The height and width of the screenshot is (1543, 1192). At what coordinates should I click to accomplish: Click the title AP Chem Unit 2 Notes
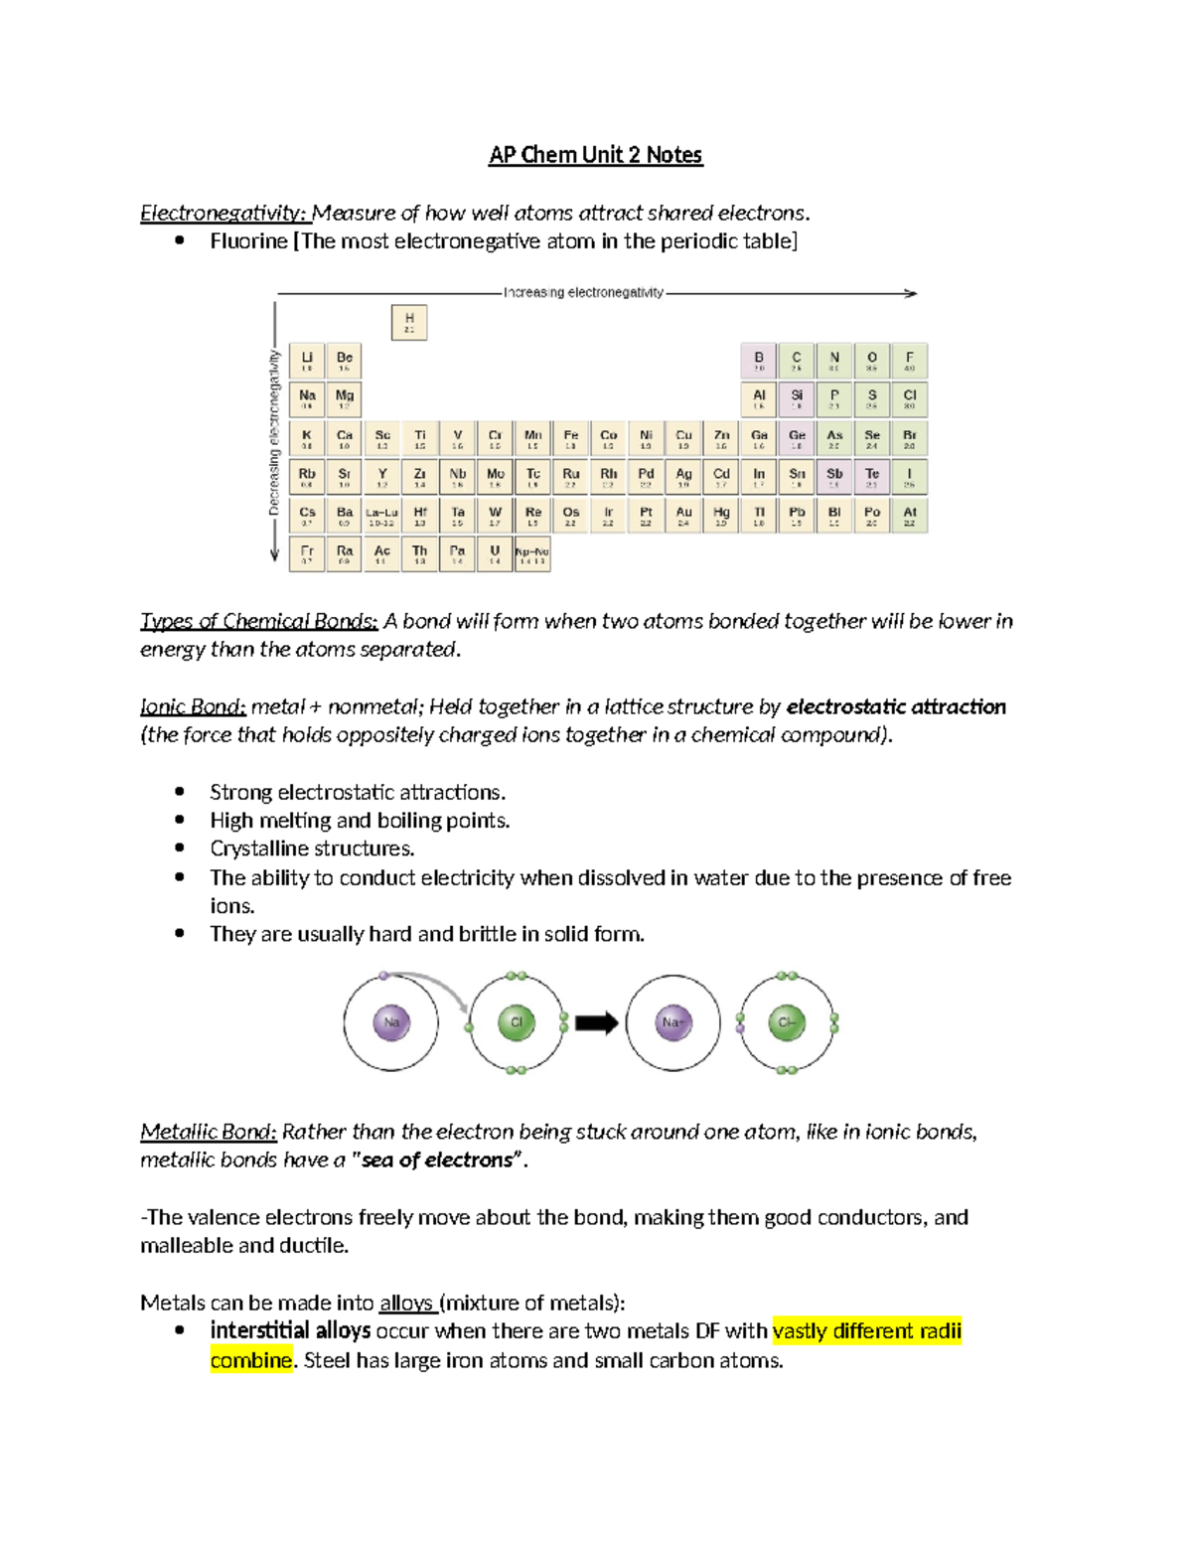coord(595,155)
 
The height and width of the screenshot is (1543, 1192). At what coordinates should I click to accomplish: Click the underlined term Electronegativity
coord(224,213)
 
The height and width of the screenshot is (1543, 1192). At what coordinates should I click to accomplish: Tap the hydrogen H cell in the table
coord(409,322)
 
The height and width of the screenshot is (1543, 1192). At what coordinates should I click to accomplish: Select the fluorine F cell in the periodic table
coord(909,361)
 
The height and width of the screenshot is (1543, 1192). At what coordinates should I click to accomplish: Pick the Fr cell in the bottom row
coord(307,553)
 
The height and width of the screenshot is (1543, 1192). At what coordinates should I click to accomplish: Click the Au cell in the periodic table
coord(683,516)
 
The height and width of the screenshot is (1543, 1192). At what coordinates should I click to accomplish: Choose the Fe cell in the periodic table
coord(570,438)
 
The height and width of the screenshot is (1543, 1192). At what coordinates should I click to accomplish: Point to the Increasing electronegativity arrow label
coord(583,292)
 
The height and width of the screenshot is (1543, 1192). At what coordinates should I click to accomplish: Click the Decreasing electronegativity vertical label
coord(274,431)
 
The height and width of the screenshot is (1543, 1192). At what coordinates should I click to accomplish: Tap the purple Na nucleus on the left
coord(391,1022)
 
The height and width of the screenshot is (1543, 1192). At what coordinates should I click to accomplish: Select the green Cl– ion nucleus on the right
coord(787,1022)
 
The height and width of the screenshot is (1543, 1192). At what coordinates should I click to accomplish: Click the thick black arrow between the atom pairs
coord(596,1022)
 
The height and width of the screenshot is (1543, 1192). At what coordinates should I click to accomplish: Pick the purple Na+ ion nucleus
coord(673,1022)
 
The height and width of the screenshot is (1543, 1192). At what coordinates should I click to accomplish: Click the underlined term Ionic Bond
coord(193,706)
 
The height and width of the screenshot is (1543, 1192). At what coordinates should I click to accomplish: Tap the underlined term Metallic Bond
coord(209,1132)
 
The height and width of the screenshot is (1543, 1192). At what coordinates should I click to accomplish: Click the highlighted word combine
coord(251,1360)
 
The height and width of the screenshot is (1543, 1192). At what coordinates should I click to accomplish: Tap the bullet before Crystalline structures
coord(180,849)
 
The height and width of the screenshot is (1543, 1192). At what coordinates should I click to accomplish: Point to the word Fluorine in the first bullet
coord(248,241)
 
